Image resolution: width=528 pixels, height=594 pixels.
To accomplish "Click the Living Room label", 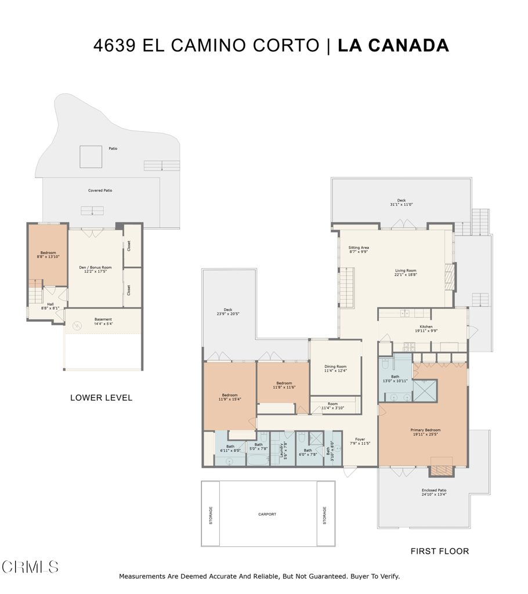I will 406,272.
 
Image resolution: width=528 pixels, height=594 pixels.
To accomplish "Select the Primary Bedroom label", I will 425,432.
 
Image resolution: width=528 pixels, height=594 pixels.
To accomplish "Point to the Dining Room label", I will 335,368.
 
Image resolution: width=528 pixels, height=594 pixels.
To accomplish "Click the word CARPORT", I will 267,514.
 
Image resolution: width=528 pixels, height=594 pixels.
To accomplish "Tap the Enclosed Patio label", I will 433,492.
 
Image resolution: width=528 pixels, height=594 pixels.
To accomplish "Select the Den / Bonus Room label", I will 95,269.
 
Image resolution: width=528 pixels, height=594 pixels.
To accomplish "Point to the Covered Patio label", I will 100,190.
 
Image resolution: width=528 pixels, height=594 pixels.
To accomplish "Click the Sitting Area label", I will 359,249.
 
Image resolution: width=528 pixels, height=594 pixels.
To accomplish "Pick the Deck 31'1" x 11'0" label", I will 401,202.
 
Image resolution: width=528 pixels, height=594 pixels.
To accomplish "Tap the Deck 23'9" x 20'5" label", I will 227,312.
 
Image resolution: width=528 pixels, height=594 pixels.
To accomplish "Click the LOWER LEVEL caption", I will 101,398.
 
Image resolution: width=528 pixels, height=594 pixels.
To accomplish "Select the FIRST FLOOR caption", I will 439,551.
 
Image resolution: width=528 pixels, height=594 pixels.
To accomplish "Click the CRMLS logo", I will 30,567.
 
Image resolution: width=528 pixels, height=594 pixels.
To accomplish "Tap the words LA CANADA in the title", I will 393,45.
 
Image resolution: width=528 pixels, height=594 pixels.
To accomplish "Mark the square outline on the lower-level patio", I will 91,157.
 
